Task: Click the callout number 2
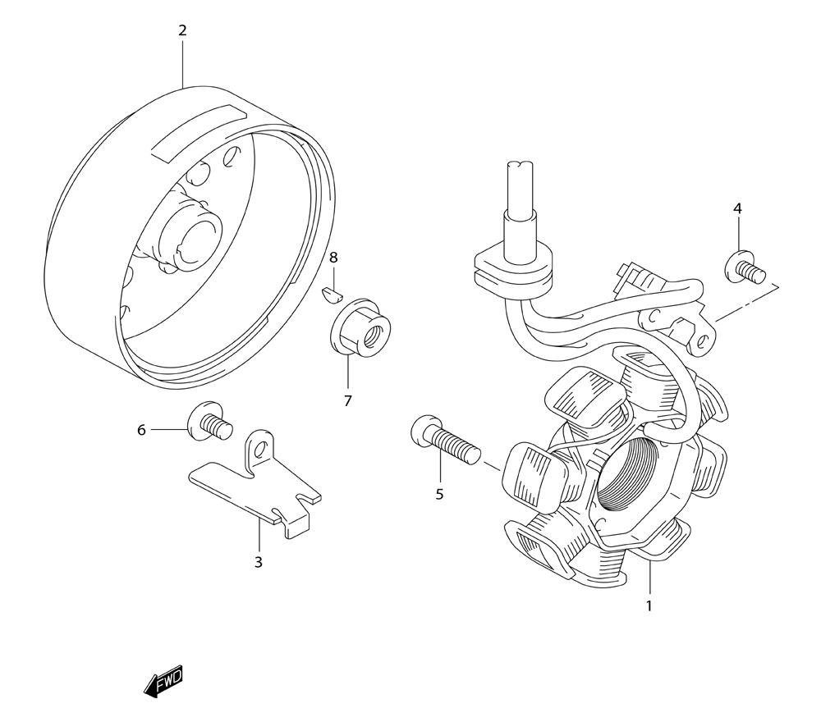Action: tap(182, 31)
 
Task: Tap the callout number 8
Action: tap(333, 258)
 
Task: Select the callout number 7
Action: tap(347, 401)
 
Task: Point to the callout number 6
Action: tap(141, 430)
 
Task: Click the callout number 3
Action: tap(258, 562)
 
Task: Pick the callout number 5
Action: tap(439, 494)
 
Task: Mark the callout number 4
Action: tap(737, 209)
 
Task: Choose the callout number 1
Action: tap(649, 606)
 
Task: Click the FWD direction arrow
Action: tap(163, 681)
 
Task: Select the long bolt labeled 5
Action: tap(443, 441)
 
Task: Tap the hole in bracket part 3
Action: tap(261, 448)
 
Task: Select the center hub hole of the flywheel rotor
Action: tap(195, 238)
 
